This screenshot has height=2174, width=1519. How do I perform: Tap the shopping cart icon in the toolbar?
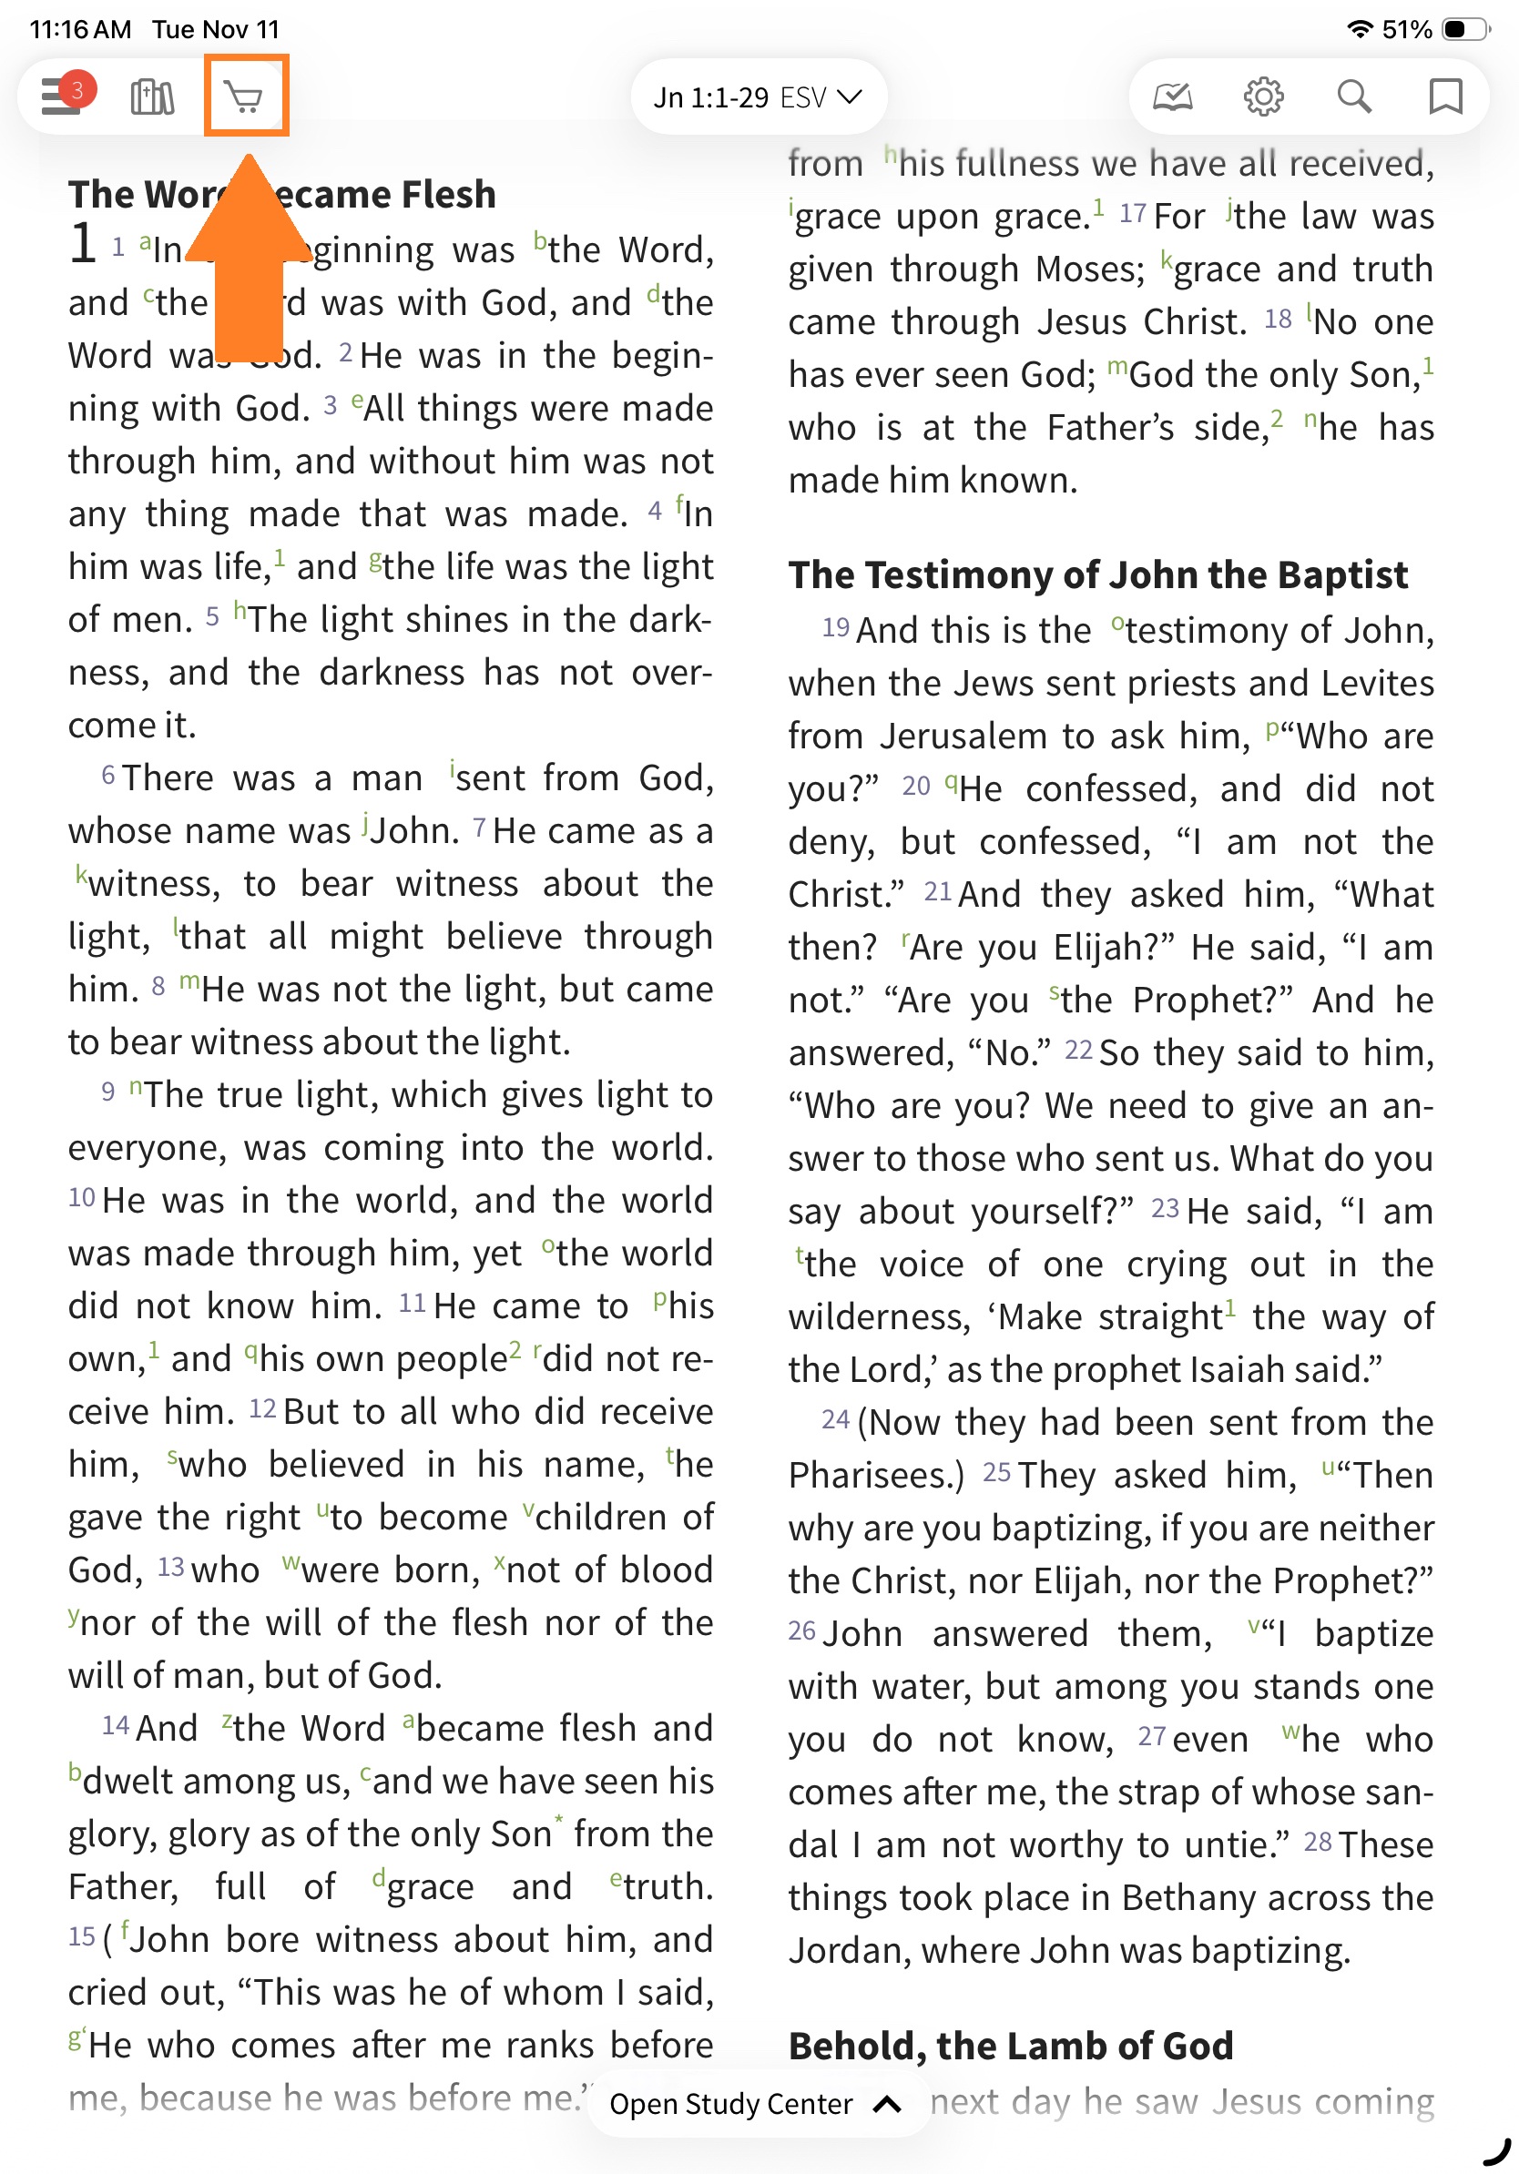[x=245, y=97]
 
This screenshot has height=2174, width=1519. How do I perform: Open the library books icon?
[x=151, y=97]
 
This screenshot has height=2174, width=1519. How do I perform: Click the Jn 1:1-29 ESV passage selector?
[x=758, y=97]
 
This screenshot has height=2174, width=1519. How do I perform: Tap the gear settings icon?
[x=1262, y=97]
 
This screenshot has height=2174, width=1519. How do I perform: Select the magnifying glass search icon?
[x=1353, y=97]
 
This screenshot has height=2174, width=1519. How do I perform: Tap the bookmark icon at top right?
[x=1444, y=97]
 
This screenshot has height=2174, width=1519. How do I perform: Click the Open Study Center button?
[x=755, y=2104]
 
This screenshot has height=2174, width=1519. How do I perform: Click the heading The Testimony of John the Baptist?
[x=1097, y=574]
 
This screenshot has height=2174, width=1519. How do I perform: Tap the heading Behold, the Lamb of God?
[x=1011, y=2047]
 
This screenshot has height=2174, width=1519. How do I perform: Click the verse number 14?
[x=116, y=1725]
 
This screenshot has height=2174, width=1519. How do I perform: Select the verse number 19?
[x=835, y=627]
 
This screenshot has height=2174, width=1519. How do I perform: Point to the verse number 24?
[x=835, y=1419]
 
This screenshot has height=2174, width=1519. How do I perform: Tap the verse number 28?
[x=1318, y=1842]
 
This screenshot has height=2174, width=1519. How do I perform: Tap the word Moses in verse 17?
[x=1089, y=269]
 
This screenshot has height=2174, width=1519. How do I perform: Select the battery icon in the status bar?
[x=1463, y=29]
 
